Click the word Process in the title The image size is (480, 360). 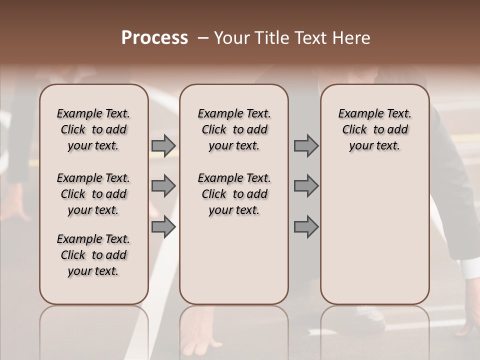click(x=154, y=38)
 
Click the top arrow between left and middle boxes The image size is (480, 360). click(x=163, y=146)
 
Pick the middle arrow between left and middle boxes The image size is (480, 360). click(x=163, y=186)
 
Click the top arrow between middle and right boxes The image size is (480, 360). click(x=306, y=146)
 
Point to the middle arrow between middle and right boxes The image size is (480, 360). click(x=306, y=186)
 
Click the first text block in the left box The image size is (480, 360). click(x=93, y=129)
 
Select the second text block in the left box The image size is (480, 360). click(x=93, y=194)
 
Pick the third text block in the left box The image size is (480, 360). click(x=93, y=255)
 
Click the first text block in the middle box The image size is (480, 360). click(x=234, y=129)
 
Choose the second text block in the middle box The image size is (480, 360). click(x=234, y=194)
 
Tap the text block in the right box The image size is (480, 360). click(x=375, y=129)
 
